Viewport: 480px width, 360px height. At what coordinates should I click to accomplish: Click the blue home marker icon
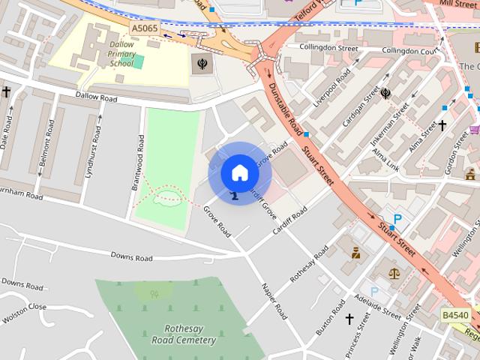click(239, 172)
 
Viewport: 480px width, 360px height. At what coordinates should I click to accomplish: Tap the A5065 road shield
click(144, 28)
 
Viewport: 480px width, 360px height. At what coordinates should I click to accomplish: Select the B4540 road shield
click(455, 316)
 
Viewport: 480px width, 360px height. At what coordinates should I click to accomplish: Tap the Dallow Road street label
click(97, 97)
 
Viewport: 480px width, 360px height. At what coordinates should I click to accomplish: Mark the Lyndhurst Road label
click(95, 144)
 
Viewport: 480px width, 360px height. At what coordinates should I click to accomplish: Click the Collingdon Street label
click(328, 48)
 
